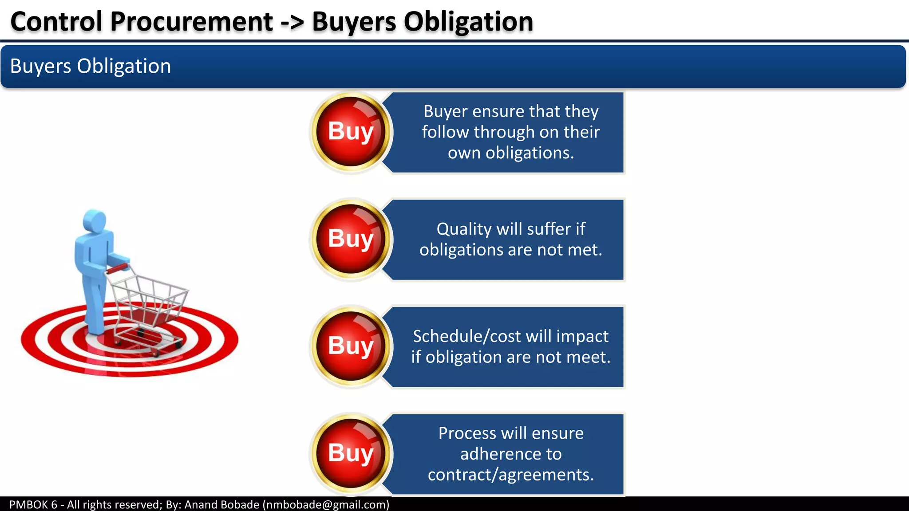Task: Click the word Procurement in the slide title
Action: tap(191, 22)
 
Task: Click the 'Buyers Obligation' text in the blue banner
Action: tap(91, 66)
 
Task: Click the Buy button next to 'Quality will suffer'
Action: tap(351, 239)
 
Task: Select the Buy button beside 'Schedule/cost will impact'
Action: tap(351, 346)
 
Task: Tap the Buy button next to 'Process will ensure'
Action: tap(351, 454)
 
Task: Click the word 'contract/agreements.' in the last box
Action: tap(511, 475)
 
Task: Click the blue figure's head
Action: tap(95, 220)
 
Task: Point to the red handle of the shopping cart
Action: tap(118, 268)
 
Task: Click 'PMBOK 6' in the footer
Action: tap(33, 505)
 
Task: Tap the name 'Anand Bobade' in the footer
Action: tap(221, 505)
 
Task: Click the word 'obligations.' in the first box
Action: tap(530, 153)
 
